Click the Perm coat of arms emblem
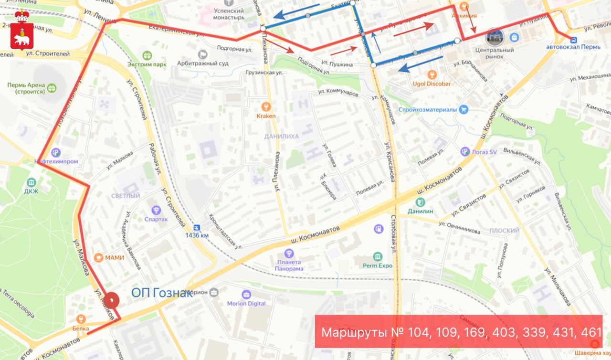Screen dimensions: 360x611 coord(22,30)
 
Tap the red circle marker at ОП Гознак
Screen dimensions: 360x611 coord(112,300)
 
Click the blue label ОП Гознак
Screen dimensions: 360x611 coord(162,293)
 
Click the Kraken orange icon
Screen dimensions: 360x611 coord(266,106)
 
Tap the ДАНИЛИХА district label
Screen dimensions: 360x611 coord(282,137)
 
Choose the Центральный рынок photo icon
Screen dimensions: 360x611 coord(495,37)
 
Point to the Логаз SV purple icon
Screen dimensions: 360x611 coord(465,151)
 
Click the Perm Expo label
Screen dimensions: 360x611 coord(378,265)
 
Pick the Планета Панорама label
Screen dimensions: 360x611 coord(289,265)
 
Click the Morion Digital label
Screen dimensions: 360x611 coord(246,303)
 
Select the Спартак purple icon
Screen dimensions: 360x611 coord(156,210)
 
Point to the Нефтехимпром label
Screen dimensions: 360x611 coord(56,161)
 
